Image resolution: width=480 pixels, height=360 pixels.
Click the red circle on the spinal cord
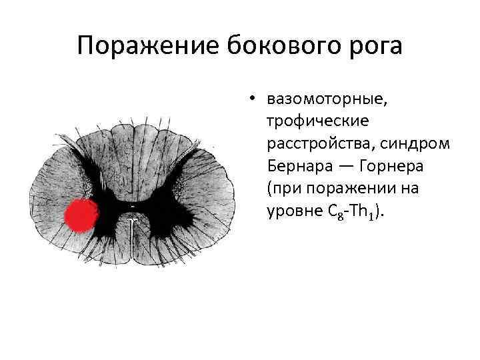(81, 215)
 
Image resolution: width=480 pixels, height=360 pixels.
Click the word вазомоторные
(327, 100)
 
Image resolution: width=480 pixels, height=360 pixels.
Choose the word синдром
(408, 144)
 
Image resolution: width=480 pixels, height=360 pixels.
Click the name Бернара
(298, 166)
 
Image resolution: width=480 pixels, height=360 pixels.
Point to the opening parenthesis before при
(269, 189)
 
